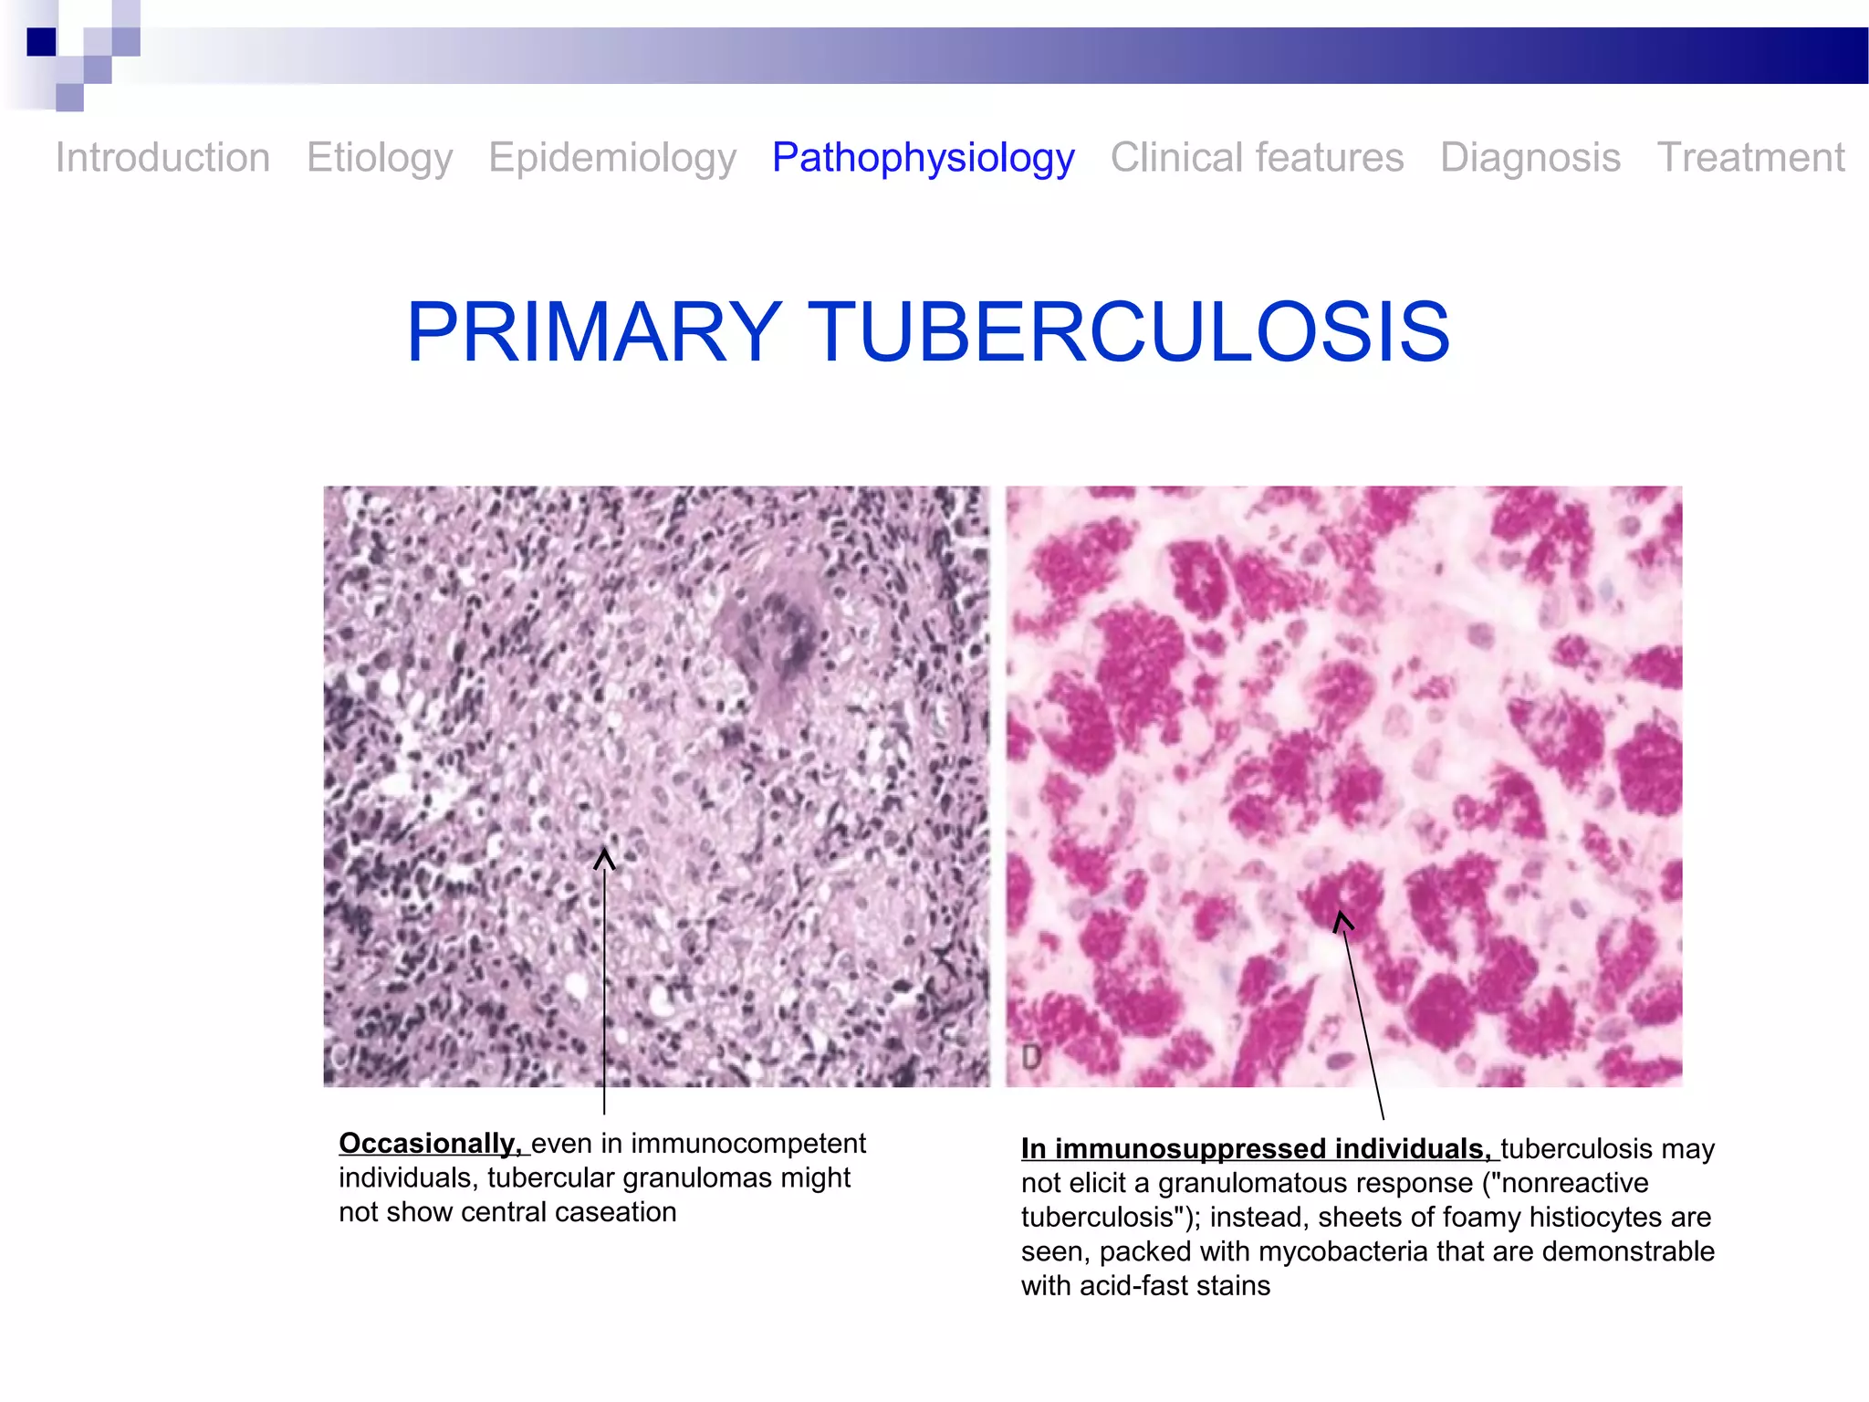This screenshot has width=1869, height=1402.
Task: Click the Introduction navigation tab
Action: pyautogui.click(x=162, y=158)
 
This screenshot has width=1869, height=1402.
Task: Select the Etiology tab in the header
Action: pyautogui.click(x=380, y=158)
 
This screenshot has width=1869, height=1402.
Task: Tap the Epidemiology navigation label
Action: pyautogui.click(x=612, y=158)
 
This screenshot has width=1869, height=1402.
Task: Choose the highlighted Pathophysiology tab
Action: pyautogui.click(x=924, y=158)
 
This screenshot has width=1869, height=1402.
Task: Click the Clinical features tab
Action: pyautogui.click(x=1257, y=158)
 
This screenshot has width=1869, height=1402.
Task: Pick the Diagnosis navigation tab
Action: pyautogui.click(x=1530, y=158)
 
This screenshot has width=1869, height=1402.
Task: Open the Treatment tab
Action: pyautogui.click(x=1750, y=158)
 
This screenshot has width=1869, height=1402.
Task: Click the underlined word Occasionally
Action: pyautogui.click(x=430, y=1144)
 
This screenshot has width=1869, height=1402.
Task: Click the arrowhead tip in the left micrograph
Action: pyautogui.click(x=604, y=852)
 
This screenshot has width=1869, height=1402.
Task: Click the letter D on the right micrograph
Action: pyautogui.click(x=1031, y=1058)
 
